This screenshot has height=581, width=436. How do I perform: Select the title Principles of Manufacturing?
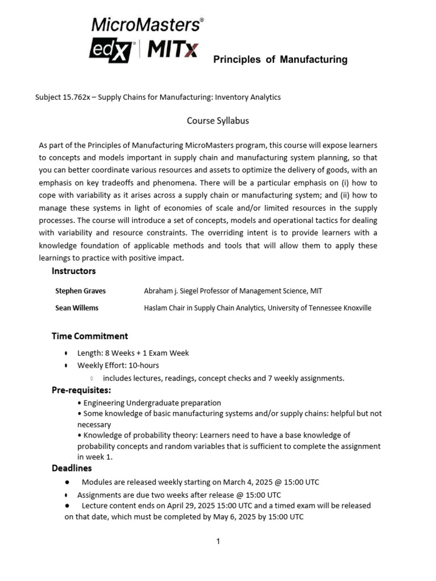pos(280,60)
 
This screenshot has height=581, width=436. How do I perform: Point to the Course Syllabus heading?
pos(218,121)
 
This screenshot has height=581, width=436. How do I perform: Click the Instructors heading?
pos(74,271)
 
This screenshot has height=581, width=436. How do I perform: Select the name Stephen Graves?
pos(80,291)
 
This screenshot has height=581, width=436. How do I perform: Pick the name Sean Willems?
pos(77,308)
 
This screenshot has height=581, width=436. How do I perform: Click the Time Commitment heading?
pos(90,336)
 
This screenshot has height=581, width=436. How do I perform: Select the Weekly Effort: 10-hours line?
pos(118,365)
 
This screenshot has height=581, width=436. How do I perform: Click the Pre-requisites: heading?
pos(81,390)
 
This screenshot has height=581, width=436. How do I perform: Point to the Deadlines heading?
pos(72,468)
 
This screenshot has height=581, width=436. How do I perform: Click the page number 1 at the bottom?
pos(217,542)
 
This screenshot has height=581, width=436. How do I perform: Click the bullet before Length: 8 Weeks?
pos(66,353)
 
